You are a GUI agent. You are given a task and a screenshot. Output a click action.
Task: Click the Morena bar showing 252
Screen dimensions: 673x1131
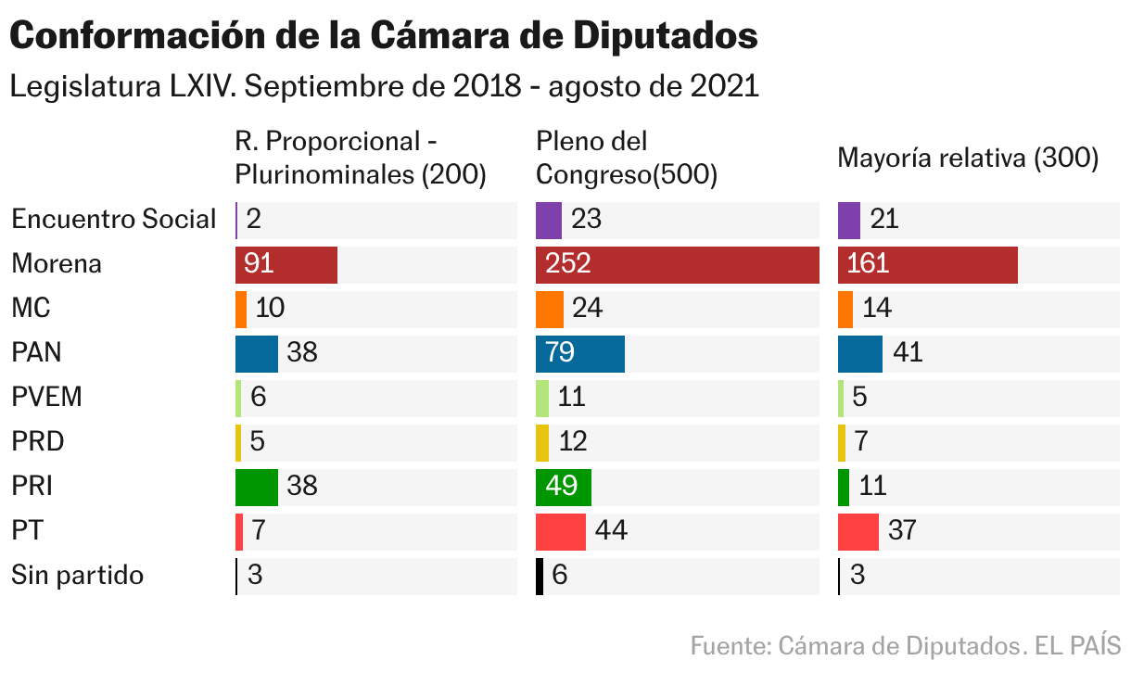click(x=677, y=264)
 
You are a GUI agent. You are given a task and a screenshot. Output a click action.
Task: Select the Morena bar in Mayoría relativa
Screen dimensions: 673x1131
click(x=927, y=264)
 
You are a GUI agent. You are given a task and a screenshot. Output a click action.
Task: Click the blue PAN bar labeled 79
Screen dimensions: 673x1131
click(x=579, y=353)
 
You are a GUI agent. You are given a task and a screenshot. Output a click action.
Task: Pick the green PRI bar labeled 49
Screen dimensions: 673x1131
click(x=563, y=487)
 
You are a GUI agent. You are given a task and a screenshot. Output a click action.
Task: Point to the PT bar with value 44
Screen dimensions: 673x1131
click(x=560, y=531)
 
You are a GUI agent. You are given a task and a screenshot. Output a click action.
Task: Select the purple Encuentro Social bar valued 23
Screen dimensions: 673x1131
click(x=548, y=220)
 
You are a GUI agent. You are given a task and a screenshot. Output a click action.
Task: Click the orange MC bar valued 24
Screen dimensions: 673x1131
click(x=549, y=309)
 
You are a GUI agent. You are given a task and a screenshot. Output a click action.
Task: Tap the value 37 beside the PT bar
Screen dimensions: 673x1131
click(x=901, y=531)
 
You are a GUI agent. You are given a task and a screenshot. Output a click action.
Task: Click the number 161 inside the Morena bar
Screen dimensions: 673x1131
click(x=866, y=264)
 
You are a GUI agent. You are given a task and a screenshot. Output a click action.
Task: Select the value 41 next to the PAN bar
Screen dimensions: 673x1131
click(x=908, y=353)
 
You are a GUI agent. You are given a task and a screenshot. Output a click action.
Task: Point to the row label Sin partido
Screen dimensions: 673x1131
click(x=77, y=576)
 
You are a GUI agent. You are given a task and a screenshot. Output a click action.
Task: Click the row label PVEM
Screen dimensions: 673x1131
click(x=46, y=398)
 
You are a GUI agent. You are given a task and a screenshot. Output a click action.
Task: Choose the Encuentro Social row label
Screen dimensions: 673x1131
click(x=113, y=220)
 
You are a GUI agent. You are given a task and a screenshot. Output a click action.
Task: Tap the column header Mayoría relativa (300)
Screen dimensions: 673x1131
click(x=967, y=159)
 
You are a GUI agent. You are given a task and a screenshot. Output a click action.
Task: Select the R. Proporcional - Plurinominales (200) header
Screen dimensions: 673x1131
click(x=361, y=159)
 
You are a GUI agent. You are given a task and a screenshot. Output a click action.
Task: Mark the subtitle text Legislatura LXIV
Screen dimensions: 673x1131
click(x=123, y=87)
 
